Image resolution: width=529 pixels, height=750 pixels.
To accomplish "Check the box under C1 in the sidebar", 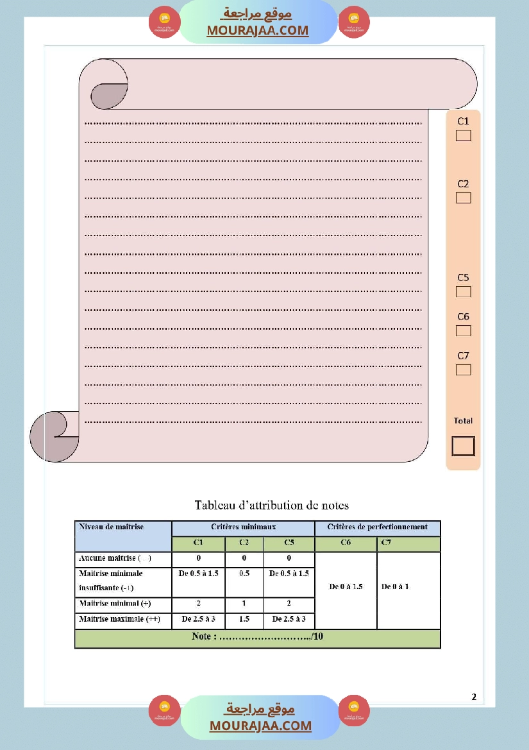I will pyautogui.click(x=463, y=135).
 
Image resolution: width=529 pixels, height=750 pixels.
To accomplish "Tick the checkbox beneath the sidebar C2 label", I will pyautogui.click(x=463, y=198).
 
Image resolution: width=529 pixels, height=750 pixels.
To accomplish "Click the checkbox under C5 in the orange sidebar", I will pyautogui.click(x=463, y=292).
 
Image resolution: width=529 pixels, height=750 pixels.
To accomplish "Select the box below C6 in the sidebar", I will pyautogui.click(x=463, y=331).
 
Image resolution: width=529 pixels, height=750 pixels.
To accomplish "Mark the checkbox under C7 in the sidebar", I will pyautogui.click(x=463, y=370).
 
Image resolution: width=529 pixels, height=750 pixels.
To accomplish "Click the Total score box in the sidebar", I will pyautogui.click(x=463, y=446).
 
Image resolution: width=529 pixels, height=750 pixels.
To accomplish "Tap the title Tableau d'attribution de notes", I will pyautogui.click(x=272, y=506).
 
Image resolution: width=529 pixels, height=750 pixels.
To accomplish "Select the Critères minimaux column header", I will pyautogui.click(x=243, y=527).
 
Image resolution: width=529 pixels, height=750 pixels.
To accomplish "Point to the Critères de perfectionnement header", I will pyautogui.click(x=377, y=527).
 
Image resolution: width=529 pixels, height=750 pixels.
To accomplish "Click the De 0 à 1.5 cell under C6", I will pyautogui.click(x=346, y=586).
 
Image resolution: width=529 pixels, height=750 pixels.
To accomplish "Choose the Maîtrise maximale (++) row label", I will pyautogui.click(x=119, y=620).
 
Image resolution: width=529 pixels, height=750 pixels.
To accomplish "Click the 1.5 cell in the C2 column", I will pyautogui.click(x=244, y=620).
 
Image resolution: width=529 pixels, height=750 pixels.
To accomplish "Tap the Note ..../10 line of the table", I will pyautogui.click(x=257, y=637).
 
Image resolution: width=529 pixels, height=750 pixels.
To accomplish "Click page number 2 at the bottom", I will pyautogui.click(x=474, y=697).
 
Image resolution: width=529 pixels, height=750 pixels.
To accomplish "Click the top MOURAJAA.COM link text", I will pyautogui.click(x=257, y=30).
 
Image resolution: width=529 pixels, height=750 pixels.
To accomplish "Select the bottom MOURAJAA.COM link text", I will pyautogui.click(x=260, y=726).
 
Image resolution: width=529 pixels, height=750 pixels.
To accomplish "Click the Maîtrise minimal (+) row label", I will pyautogui.click(x=115, y=604).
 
